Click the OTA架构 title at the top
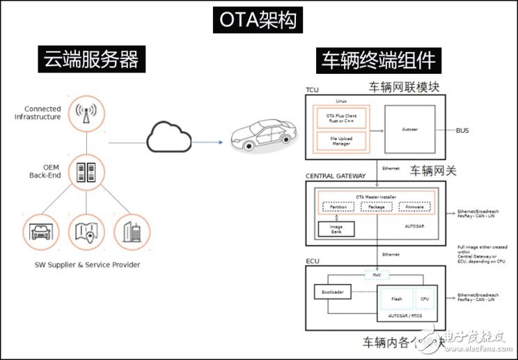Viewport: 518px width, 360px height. coord(258,21)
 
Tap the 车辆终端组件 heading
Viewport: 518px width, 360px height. coord(378,61)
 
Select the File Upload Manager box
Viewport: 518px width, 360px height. coord(341,142)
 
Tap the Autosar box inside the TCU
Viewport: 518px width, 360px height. coord(410,130)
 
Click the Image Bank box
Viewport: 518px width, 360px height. coord(336,230)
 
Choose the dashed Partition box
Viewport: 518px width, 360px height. coord(338,207)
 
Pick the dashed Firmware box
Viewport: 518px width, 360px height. coord(415,207)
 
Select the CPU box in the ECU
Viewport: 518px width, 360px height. coord(425,300)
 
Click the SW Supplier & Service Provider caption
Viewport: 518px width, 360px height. coord(87,265)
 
